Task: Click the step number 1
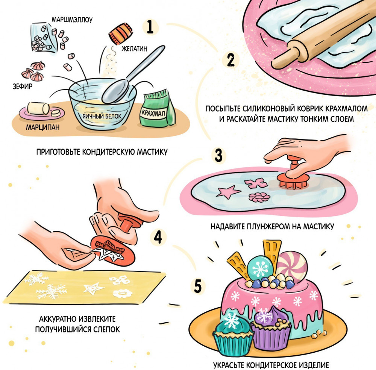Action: point(150,27)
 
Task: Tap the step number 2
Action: point(230,60)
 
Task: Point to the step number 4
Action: point(158,237)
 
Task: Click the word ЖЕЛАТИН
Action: point(134,49)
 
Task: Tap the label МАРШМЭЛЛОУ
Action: point(72,20)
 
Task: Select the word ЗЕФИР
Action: point(23,86)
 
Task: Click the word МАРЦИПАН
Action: point(43,127)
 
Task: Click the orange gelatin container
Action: point(121,33)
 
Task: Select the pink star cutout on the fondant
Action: point(228,192)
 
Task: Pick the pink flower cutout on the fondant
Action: point(259,197)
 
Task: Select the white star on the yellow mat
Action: point(93,288)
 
